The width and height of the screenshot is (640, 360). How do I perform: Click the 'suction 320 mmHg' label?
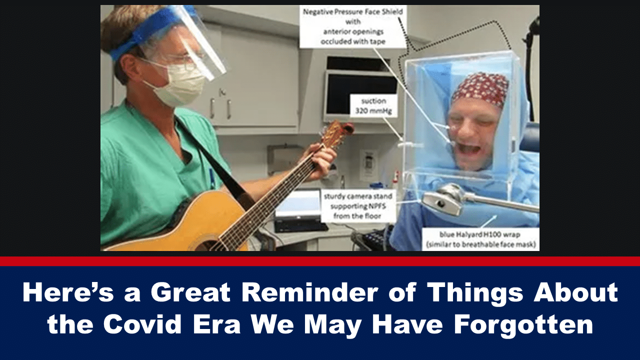click(373, 105)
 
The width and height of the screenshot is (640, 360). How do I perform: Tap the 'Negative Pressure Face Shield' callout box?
click(353, 26)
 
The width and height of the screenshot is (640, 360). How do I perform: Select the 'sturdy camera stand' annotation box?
click(358, 206)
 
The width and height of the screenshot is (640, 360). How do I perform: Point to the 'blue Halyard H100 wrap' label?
click(480, 239)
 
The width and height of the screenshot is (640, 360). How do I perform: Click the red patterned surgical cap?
click(480, 88)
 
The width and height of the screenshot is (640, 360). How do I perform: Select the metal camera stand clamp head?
click(444, 198)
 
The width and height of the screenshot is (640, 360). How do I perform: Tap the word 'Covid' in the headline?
click(142, 324)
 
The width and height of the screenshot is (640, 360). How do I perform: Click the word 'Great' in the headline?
click(190, 292)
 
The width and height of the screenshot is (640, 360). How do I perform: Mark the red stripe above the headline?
click(320, 261)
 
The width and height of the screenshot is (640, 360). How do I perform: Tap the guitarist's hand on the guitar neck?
click(321, 161)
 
